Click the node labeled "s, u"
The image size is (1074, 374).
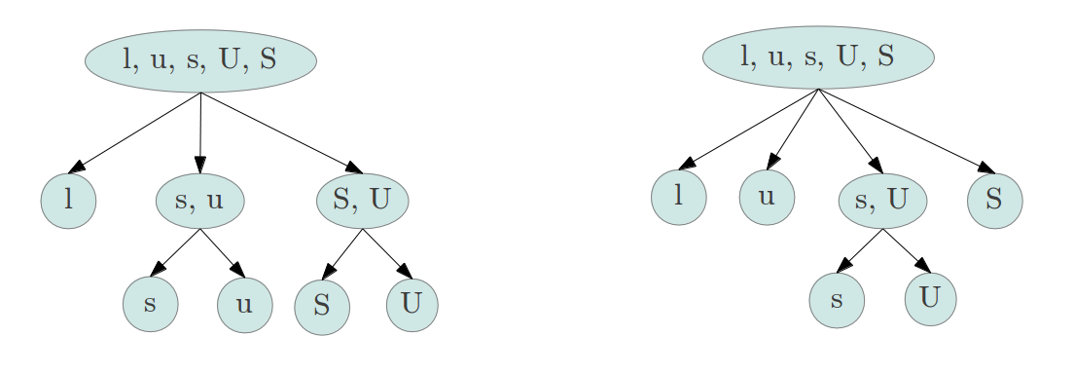tap(199, 202)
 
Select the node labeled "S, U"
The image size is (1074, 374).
tap(362, 201)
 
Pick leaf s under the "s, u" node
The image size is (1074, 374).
tap(150, 303)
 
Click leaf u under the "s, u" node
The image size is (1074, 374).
tap(244, 304)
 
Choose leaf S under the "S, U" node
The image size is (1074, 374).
tap(322, 306)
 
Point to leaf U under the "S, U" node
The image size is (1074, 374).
tap(412, 304)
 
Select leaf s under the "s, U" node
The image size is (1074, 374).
tap(836, 300)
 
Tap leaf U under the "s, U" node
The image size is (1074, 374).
tap(930, 297)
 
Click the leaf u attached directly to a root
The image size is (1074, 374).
tap(767, 197)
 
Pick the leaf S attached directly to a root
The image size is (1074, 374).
tap(994, 199)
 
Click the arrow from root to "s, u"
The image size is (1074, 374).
tap(199, 132)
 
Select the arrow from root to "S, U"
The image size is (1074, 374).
tap(281, 133)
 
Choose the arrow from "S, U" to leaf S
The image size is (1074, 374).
tap(342, 253)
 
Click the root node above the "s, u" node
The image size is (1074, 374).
tap(200, 60)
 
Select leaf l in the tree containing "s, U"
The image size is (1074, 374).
tap(678, 197)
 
